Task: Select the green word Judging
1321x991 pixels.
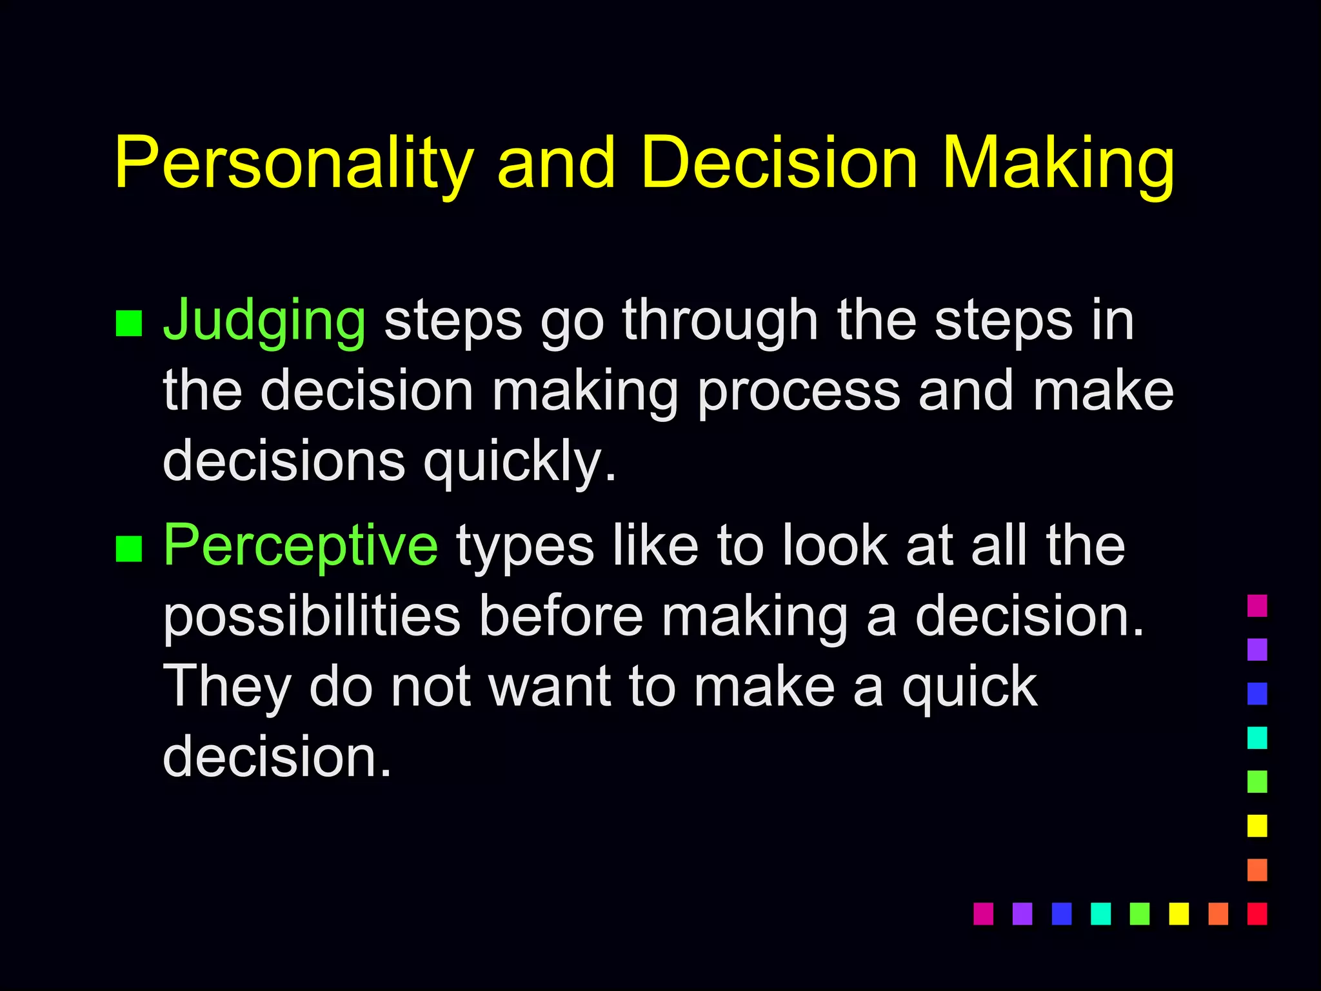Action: [264, 320]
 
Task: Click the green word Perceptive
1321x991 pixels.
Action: [301, 546]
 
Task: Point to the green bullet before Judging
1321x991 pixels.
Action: [128, 324]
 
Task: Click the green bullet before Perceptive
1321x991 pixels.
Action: [128, 549]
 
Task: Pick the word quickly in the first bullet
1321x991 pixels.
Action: [519, 461]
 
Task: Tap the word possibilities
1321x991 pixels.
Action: [312, 616]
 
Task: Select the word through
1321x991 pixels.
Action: [720, 320]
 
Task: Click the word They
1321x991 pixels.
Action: [227, 686]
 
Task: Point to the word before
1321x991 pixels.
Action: [561, 616]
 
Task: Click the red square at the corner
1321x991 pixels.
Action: [1257, 914]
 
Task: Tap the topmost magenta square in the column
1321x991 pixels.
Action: [1257, 606]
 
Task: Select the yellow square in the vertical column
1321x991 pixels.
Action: [1257, 826]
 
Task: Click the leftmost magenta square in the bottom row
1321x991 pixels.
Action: [983, 914]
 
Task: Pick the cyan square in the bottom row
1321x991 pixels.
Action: [1100, 914]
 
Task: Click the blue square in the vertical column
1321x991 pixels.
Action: [1257, 694]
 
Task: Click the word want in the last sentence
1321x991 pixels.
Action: [550, 686]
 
